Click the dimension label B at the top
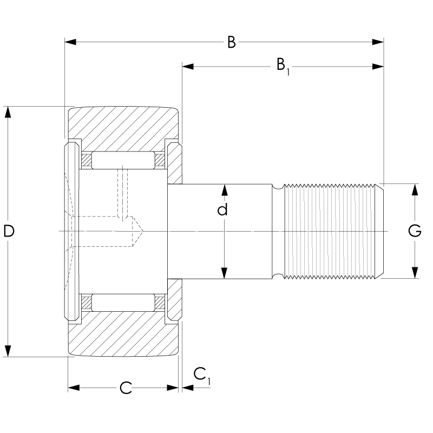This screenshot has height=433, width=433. pyautogui.click(x=232, y=42)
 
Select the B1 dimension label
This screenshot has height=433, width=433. pyautogui.click(x=283, y=66)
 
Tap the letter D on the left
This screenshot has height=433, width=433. pyautogui.click(x=9, y=231)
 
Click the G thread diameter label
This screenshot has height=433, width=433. pyautogui.click(x=415, y=231)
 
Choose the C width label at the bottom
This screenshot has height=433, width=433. pyautogui.click(x=126, y=388)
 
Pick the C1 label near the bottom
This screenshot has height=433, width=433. pyautogui.click(x=201, y=376)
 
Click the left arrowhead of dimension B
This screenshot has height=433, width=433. pyautogui.click(x=70, y=42)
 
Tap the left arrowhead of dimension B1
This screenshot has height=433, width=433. pyautogui.click(x=188, y=67)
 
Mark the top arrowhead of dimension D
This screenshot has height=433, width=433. pyautogui.click(x=8, y=112)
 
